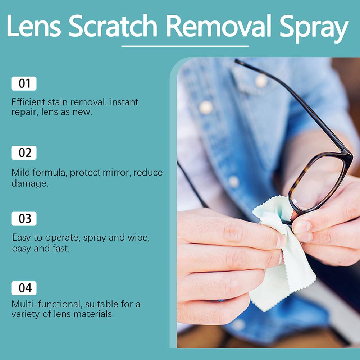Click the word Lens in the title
[x=34, y=26]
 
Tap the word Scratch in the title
[x=113, y=26]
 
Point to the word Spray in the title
[x=314, y=28]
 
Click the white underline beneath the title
[x=185, y=46]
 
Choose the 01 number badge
[x=24, y=83]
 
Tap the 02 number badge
[x=24, y=153]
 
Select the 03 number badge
[x=24, y=219]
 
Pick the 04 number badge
[x=24, y=288]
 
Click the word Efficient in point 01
[x=28, y=102]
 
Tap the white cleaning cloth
[x=282, y=252]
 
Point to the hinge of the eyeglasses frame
[x=343, y=151]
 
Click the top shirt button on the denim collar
[x=261, y=81]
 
